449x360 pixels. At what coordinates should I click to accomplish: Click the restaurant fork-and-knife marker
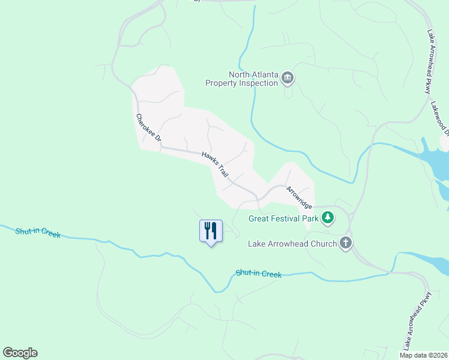coord(211,230)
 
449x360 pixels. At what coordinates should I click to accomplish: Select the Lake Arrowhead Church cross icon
coord(345,243)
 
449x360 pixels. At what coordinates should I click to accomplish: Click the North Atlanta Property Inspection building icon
coord(288,78)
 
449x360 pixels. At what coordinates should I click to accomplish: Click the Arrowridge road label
coord(298,197)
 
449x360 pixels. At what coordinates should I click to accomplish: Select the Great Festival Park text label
coord(284,218)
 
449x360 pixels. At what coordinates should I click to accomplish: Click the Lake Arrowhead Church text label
coord(292,244)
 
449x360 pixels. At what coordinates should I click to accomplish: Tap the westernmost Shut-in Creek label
coord(38,232)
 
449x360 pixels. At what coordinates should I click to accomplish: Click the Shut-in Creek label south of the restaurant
coord(258,274)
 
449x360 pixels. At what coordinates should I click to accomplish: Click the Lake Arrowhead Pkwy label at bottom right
coord(418,321)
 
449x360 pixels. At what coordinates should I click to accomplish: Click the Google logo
coord(20,353)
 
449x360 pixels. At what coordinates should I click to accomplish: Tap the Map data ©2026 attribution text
coord(424,355)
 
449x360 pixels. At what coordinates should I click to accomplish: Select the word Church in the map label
coord(322,244)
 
